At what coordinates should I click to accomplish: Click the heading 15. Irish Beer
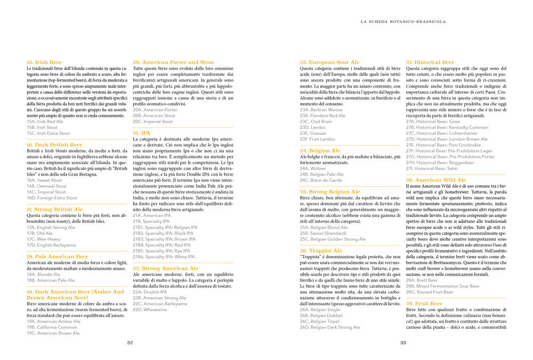pyautogui.click(x=44, y=62)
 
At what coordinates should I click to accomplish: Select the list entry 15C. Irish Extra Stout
pyautogui.click(x=48, y=133)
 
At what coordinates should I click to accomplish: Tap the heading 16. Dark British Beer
pyautogui.click(x=54, y=145)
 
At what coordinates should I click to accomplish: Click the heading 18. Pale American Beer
pyautogui.click(x=58, y=257)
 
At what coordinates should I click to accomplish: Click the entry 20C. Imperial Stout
pyautogui.click(x=152, y=121)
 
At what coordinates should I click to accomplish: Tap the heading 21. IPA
pyautogui.click(x=142, y=132)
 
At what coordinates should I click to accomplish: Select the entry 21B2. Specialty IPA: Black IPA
pyautogui.click(x=163, y=233)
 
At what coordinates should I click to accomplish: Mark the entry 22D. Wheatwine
pyautogui.click(x=149, y=309)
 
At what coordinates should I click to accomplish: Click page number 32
pyautogui.click(x=130, y=343)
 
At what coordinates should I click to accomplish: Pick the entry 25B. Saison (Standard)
pyautogui.click(x=324, y=233)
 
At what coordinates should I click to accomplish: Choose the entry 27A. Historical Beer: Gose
pyautogui.click(x=433, y=121)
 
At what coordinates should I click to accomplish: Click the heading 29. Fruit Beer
pyautogui.click(x=424, y=303)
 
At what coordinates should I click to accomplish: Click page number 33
pyautogui.click(x=403, y=343)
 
